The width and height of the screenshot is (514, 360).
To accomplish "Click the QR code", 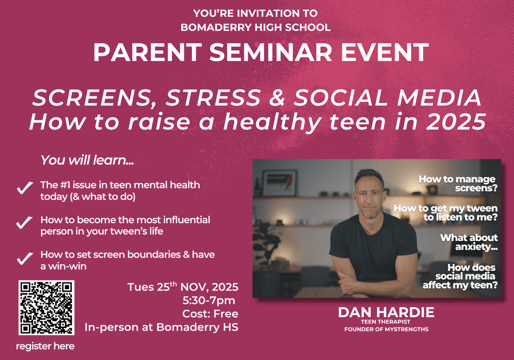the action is click(46, 307).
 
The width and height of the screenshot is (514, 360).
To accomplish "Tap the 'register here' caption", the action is click(45, 346).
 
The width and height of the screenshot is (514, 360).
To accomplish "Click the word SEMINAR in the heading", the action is click(271, 52).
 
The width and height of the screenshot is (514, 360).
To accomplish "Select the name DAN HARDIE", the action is click(386, 312).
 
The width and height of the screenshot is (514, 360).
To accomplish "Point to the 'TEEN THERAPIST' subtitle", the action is click(385, 322).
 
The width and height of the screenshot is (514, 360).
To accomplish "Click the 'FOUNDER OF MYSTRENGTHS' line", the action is click(386, 330).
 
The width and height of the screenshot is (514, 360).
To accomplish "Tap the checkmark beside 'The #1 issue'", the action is click(25, 188).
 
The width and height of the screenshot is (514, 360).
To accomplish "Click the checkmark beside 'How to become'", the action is click(24, 222).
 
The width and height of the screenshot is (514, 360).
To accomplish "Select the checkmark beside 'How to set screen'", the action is click(25, 258).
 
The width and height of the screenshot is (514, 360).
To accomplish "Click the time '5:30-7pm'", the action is click(209, 300).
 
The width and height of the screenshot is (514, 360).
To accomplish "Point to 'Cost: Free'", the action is click(210, 314).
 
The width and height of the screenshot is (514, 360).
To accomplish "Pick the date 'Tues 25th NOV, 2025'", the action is click(183, 287).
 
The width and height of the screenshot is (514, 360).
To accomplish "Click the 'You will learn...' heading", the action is click(87, 160).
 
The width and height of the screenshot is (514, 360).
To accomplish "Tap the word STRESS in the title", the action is click(213, 98).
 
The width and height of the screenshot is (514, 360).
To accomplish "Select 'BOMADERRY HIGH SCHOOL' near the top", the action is click(256, 27).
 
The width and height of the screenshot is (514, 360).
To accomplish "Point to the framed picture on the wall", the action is click(279, 183).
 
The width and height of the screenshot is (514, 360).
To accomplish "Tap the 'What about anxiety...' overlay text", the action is click(469, 242).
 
